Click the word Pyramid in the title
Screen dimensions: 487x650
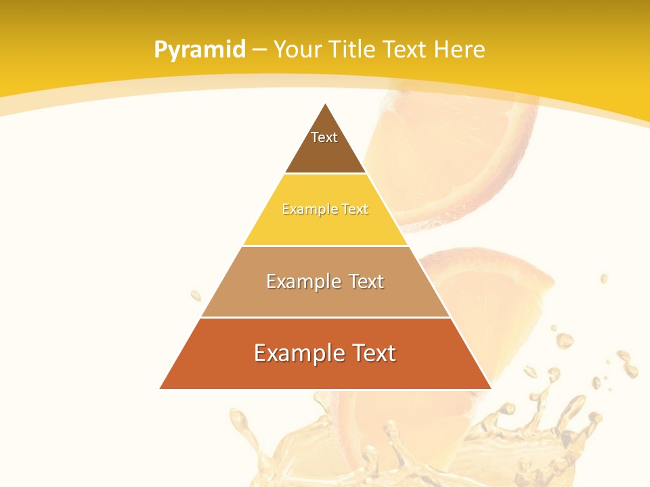click(200, 50)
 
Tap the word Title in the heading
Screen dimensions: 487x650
click(353, 50)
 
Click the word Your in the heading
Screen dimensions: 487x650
click(298, 50)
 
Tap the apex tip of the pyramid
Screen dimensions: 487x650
click(326, 105)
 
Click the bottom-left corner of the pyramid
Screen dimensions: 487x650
click(161, 388)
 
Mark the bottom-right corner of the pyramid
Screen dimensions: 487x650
click(490, 388)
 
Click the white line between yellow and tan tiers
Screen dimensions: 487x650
click(325, 246)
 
